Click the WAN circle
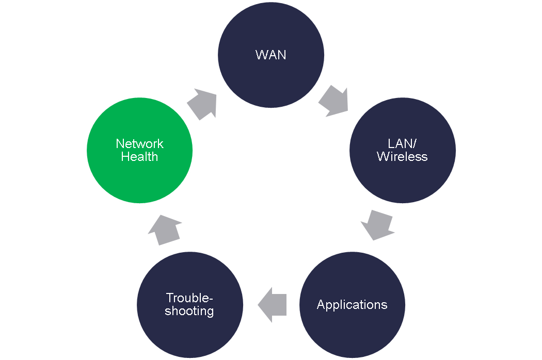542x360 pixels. click(271, 55)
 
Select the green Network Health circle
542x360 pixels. click(140, 150)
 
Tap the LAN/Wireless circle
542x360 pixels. click(402, 150)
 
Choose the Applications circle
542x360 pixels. click(352, 305)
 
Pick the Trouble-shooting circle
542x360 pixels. click(190, 305)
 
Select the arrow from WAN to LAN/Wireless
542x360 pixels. click(333, 101)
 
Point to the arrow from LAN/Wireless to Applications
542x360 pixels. click(377, 225)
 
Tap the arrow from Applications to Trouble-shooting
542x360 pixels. click(273, 305)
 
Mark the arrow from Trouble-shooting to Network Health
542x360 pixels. click(165, 230)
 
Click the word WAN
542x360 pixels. click(271, 55)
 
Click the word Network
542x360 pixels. click(140, 144)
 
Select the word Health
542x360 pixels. click(140, 157)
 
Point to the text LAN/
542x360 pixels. click(402, 144)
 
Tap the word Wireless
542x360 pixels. click(402, 157)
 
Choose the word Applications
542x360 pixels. click(352, 305)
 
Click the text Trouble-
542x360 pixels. click(189, 298)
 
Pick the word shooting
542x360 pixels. click(189, 312)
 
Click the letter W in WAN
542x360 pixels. click(261, 55)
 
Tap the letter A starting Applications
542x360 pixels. click(321, 304)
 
